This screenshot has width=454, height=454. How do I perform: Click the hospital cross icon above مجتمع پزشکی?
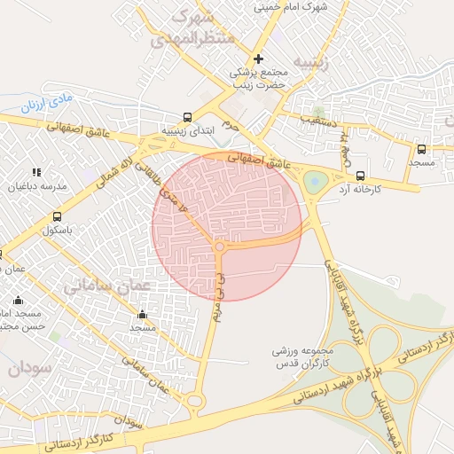(x=258, y=59)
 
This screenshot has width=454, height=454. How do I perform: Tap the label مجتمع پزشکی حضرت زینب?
(x=259, y=81)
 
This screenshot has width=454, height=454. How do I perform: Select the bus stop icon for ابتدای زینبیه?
(x=187, y=117)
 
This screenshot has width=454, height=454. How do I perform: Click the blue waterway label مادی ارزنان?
(x=44, y=105)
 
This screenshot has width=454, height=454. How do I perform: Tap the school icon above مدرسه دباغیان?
(x=36, y=172)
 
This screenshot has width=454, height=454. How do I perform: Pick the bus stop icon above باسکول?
(x=58, y=217)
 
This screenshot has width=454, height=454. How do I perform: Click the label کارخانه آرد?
(x=358, y=190)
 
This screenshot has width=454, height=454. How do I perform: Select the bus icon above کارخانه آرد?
(x=360, y=176)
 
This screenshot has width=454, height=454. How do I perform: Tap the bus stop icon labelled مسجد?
(x=421, y=149)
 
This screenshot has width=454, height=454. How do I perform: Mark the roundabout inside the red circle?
(x=219, y=247)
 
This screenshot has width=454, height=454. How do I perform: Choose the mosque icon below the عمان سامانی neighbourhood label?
(x=142, y=314)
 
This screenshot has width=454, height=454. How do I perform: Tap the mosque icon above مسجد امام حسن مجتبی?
(x=17, y=300)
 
